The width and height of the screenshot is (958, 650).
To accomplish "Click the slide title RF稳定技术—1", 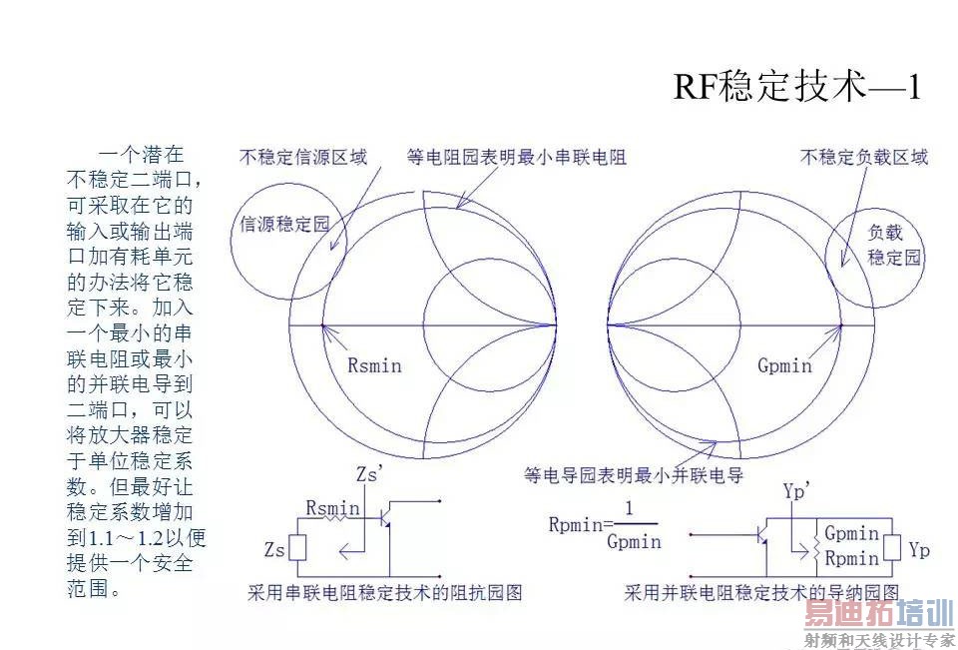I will pyautogui.click(x=796, y=87).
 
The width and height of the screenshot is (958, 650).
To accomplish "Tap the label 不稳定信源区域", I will pyautogui.click(x=303, y=157).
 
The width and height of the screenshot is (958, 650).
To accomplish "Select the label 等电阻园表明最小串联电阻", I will pyautogui.click(x=517, y=157).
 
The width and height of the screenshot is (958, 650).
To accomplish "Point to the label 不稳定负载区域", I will pyautogui.click(x=864, y=157).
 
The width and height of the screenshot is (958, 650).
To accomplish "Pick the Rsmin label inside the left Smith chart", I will pyautogui.click(x=374, y=365).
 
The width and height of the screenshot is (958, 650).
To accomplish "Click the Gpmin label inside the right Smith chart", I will pyautogui.click(x=784, y=365).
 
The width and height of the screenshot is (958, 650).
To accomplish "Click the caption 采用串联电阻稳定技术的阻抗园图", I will pyautogui.click(x=385, y=593).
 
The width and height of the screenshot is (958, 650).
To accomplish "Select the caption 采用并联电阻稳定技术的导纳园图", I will pyautogui.click(x=761, y=593).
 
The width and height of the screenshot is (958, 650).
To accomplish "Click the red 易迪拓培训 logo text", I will pyautogui.click(x=879, y=616).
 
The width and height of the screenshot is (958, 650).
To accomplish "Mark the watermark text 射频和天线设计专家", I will pyautogui.click(x=879, y=640).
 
